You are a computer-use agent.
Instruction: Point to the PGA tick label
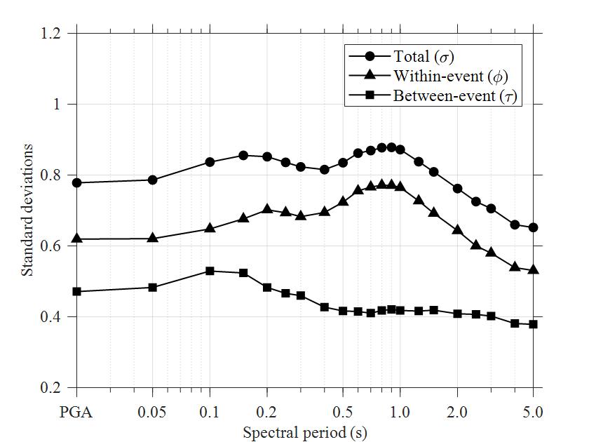coord(76,412)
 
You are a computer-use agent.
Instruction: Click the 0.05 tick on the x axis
coord(153,412)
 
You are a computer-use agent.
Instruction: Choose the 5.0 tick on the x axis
coord(533,412)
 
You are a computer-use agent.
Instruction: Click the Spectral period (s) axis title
coord(305,431)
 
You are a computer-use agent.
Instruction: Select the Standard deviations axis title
coord(27,210)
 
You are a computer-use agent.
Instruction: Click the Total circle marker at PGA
coord(76,182)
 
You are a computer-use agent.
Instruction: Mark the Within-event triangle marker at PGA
coord(76,239)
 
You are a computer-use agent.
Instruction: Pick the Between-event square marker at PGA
coord(76,291)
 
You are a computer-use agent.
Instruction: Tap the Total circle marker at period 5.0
coord(533,227)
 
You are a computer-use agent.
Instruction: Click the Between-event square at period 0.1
coord(210,271)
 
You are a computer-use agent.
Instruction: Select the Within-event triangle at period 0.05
coord(153,238)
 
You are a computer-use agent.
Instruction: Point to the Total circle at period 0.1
coord(210,162)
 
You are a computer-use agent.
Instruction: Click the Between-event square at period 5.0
coord(533,324)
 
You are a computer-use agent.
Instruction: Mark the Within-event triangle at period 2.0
coord(457,229)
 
